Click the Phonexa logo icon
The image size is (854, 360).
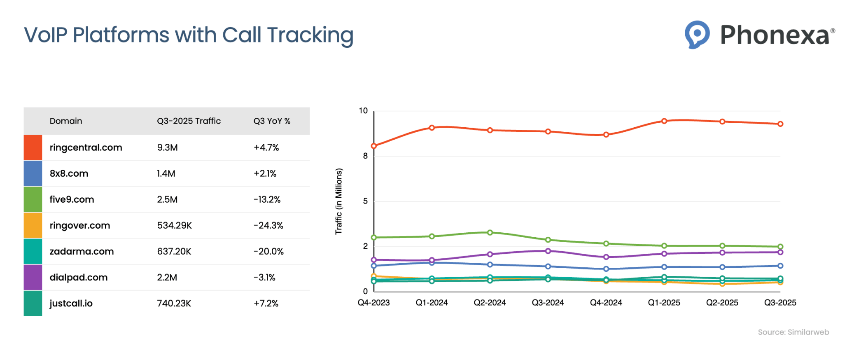[697, 35]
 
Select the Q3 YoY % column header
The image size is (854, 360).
[272, 121]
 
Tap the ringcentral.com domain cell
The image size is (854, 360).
[86, 147]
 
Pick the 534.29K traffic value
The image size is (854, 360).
[174, 225]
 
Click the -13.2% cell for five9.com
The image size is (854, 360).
[267, 199]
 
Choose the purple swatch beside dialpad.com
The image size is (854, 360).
[33, 277]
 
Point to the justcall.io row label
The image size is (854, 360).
[71, 303]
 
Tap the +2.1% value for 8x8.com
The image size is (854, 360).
[265, 173]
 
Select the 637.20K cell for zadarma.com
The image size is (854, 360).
[174, 251]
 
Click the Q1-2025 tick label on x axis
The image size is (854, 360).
[664, 303]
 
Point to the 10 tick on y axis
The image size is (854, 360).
[363, 111]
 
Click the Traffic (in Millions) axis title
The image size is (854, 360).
[338, 201]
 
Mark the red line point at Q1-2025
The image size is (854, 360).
[664, 121]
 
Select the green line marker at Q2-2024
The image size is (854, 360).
[490, 233]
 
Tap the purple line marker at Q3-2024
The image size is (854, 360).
[548, 251]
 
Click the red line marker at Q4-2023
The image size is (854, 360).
[374, 146]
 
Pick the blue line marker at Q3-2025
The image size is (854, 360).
[780, 266]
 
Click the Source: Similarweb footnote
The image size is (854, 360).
[793, 332]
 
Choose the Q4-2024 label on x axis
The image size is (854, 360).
[606, 303]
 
